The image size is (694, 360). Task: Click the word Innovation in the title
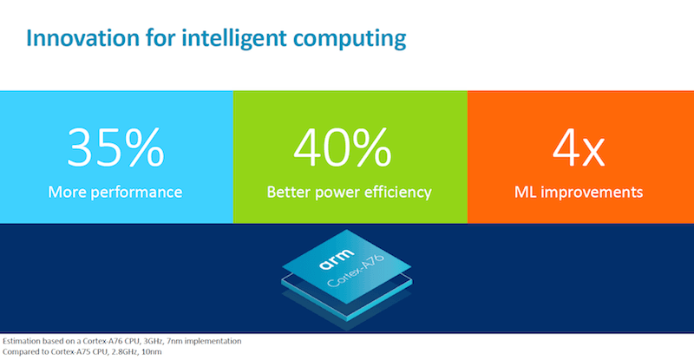pyautogui.click(x=82, y=38)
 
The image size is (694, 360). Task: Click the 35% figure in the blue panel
pyautogui.click(x=115, y=147)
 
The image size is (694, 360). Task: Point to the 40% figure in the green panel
pyautogui.click(x=342, y=147)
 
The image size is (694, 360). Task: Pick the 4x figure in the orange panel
pyautogui.click(x=579, y=148)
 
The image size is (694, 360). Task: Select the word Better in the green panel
pyautogui.click(x=289, y=193)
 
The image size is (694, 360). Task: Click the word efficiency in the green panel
pyautogui.click(x=397, y=193)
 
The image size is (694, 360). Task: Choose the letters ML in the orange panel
pyautogui.click(x=525, y=193)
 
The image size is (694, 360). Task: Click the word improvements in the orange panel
pyautogui.click(x=592, y=193)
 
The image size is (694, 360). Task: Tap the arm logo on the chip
pyautogui.click(x=337, y=259)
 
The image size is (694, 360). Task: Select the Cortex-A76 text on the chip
pyautogui.click(x=356, y=271)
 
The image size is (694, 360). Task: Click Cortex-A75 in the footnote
pyautogui.click(x=69, y=352)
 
